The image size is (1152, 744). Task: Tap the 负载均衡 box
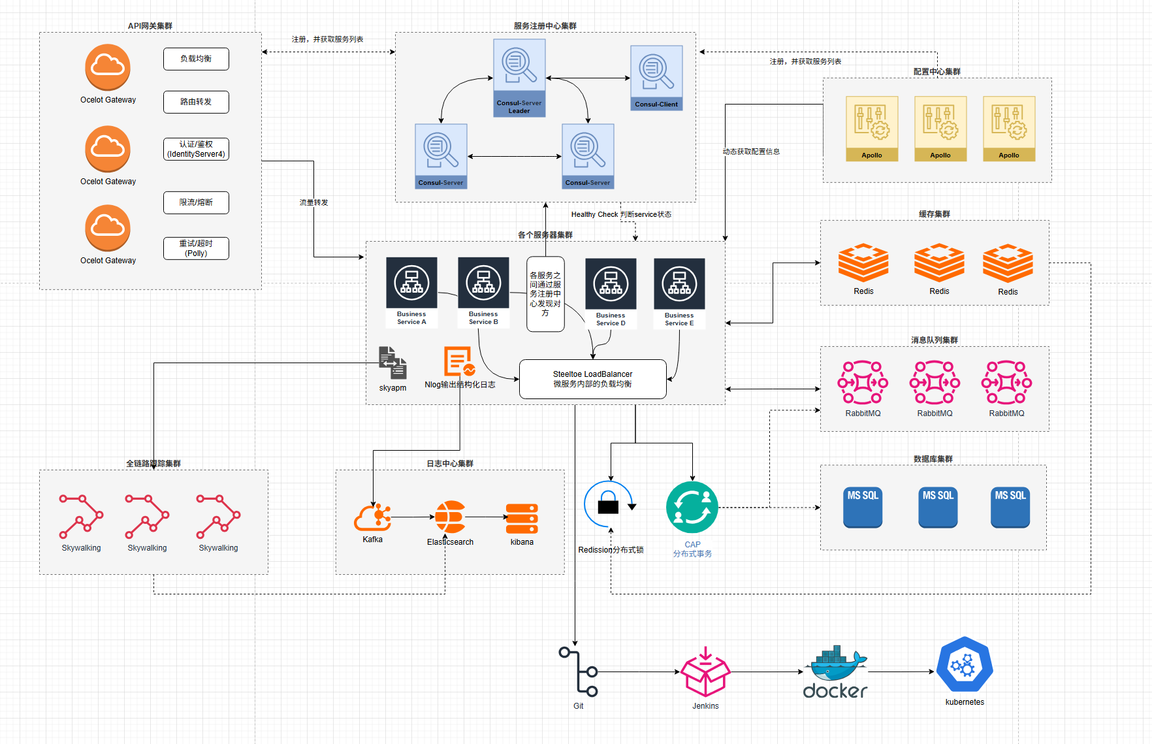click(196, 59)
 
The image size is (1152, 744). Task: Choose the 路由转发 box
click(196, 102)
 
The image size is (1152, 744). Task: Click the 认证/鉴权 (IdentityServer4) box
click(196, 149)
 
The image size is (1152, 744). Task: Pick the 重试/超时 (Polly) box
click(196, 248)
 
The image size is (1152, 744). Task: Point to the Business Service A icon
click(411, 283)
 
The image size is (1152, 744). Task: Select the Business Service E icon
click(679, 283)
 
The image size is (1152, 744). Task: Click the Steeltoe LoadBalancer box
click(592, 379)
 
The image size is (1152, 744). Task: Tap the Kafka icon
click(372, 517)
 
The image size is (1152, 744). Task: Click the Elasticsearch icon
click(450, 517)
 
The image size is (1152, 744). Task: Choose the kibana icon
click(522, 519)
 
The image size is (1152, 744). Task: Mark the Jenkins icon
click(705, 673)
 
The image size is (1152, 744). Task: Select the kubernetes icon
click(965, 666)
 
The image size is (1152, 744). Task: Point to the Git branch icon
click(579, 671)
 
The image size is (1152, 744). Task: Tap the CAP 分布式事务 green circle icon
click(692, 508)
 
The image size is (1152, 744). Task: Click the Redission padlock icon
click(609, 504)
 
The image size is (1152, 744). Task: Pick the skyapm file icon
click(392, 363)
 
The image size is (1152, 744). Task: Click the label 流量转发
click(313, 202)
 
